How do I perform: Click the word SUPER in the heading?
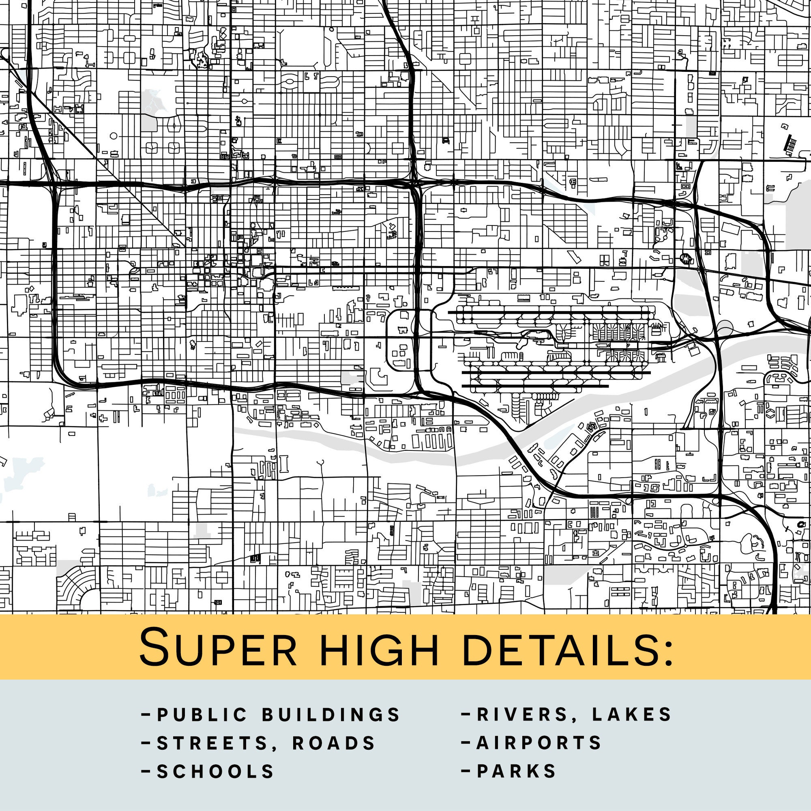pos(218,647)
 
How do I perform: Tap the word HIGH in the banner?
pos(379,647)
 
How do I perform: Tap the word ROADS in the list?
pos(334,743)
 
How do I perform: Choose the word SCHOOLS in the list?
pos(215,772)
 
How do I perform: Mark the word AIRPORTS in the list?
pos(539,743)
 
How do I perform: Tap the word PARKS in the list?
pos(516,771)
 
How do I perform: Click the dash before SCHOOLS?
pos(146,771)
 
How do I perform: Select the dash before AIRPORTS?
pos(466,742)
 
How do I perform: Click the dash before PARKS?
pos(466,771)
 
